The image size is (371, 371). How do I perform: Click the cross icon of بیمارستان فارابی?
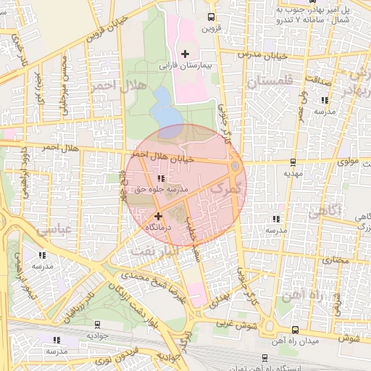tap(185, 54)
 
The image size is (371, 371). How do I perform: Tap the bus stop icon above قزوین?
tap(210, 17)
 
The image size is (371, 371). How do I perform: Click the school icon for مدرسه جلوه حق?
tap(161, 178)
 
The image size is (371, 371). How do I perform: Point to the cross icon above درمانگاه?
tap(158, 215)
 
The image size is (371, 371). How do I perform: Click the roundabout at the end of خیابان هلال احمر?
tap(235, 169)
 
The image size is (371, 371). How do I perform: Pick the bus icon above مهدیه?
tap(293, 162)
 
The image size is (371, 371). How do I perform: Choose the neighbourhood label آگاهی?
tap(324, 212)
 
